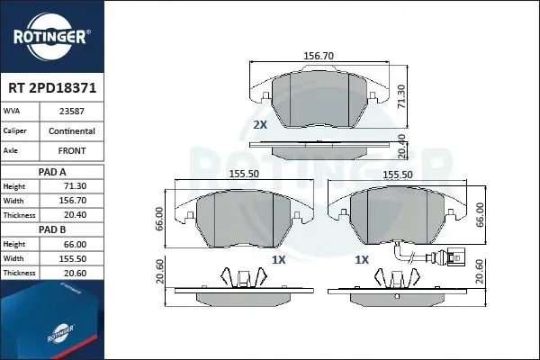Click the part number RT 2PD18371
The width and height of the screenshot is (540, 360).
click(x=52, y=88)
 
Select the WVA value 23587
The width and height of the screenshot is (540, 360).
click(x=72, y=112)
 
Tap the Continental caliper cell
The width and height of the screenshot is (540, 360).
click(x=72, y=131)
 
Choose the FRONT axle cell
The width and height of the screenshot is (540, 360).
click(x=72, y=151)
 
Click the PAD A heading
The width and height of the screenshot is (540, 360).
click(x=52, y=172)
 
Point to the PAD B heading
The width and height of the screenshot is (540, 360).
click(x=52, y=229)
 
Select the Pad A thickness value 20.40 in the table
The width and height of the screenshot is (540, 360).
click(x=75, y=215)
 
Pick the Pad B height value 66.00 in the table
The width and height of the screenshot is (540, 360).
click(x=75, y=245)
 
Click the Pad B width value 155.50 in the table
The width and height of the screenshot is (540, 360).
click(x=73, y=259)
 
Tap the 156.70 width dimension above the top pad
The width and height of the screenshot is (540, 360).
click(x=319, y=56)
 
